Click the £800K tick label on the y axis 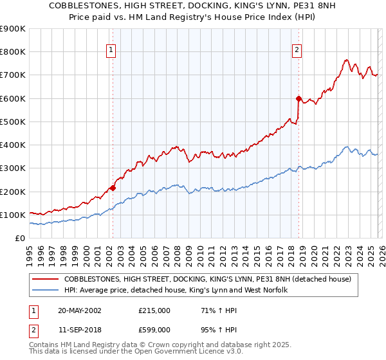coord(13,52)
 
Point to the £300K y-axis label coord(13,168)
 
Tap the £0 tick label coord(21,239)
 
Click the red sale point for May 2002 coord(113,188)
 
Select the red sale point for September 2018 coord(299,98)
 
